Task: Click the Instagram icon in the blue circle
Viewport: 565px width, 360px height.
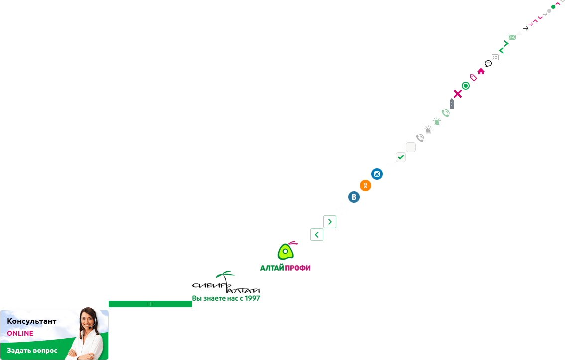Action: pyautogui.click(x=377, y=174)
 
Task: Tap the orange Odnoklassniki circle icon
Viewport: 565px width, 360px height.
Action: pyautogui.click(x=365, y=186)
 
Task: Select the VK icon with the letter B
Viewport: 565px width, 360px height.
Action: pyautogui.click(x=354, y=197)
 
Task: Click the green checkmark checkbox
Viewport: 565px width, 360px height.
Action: pyautogui.click(x=401, y=157)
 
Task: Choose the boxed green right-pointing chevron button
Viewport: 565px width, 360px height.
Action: pyautogui.click(x=330, y=222)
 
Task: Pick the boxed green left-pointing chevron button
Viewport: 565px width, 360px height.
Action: pyautogui.click(x=317, y=235)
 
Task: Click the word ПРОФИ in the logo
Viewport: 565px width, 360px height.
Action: pyautogui.click(x=298, y=268)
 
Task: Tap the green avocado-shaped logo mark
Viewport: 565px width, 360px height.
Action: pyautogui.click(x=286, y=251)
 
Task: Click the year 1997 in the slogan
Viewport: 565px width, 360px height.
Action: pyautogui.click(x=252, y=298)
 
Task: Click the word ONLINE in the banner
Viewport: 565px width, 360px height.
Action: pyautogui.click(x=20, y=333)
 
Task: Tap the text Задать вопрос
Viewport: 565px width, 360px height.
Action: pyautogui.click(x=32, y=350)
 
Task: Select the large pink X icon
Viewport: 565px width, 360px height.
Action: pyautogui.click(x=458, y=94)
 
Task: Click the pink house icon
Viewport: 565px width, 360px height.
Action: pyautogui.click(x=481, y=71)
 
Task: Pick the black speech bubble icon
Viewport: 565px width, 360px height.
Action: pyautogui.click(x=488, y=64)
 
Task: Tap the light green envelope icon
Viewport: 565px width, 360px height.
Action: pyautogui.click(x=512, y=37)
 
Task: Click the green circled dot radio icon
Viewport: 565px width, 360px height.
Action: pyautogui.click(x=466, y=86)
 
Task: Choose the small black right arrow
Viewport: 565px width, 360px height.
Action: pyautogui.click(x=525, y=28)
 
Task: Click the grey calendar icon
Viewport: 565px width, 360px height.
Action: pyautogui.click(x=495, y=57)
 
